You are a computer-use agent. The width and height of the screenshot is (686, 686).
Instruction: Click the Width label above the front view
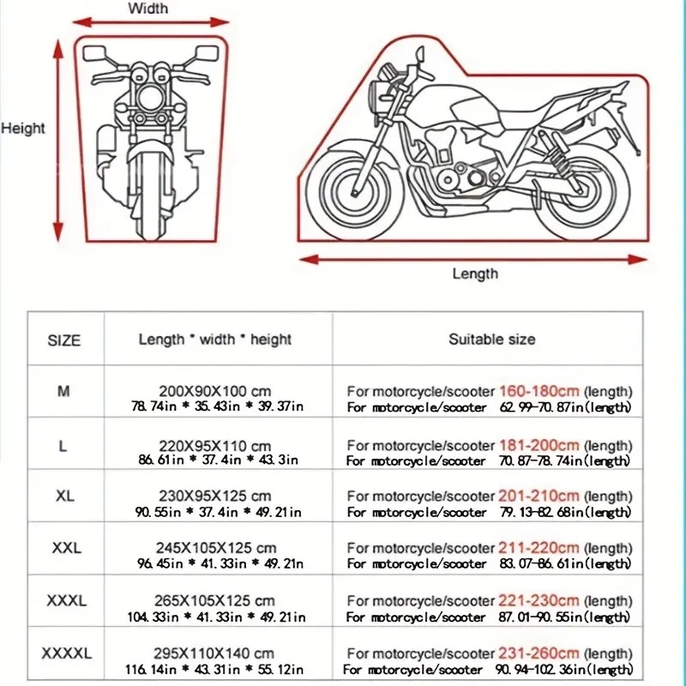147,9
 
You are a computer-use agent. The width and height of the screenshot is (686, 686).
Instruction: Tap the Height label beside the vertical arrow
23,129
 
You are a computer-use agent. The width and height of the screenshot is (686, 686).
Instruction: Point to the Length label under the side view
474,274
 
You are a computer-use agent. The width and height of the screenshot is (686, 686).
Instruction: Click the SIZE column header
64,340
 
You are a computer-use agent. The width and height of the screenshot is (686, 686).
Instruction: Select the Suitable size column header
491,340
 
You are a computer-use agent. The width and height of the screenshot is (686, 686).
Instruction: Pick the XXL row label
64,548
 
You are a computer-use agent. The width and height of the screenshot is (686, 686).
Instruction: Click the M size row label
64,391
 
